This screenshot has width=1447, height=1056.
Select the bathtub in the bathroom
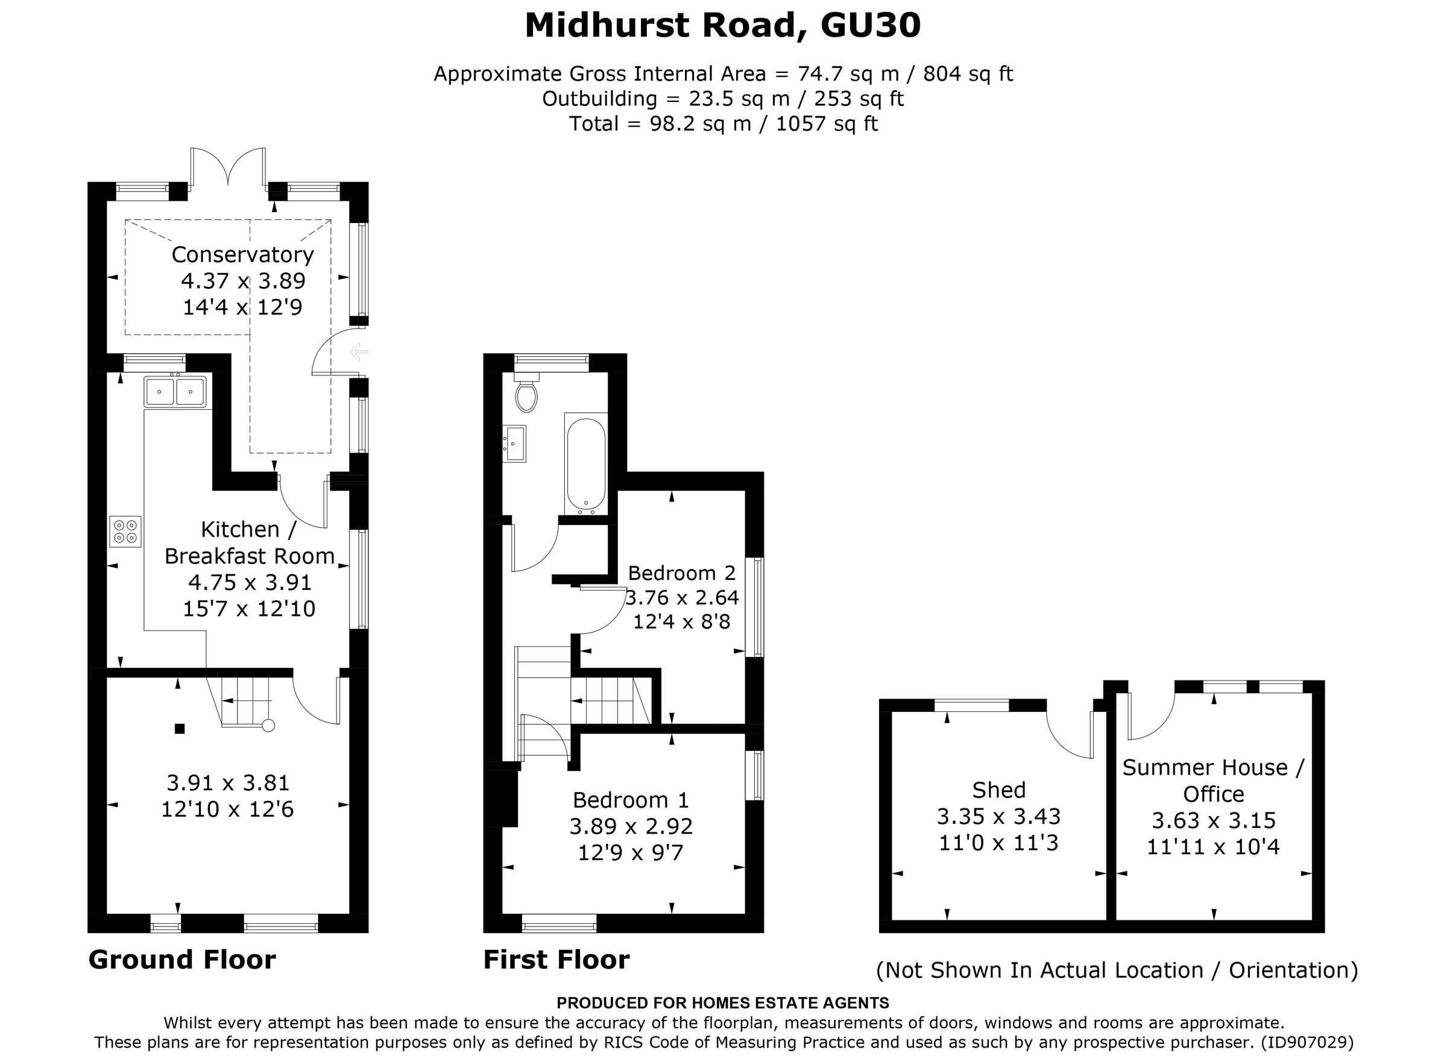pos(585,464)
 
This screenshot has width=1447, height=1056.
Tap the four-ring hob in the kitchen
pos(125,531)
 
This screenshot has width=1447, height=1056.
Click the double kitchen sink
pos(175,391)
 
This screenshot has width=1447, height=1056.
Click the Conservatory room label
pos(242,255)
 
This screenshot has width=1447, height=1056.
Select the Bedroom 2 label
pos(682,573)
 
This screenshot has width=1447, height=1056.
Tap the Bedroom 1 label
pos(631,800)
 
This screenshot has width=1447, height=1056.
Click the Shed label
pos(999,790)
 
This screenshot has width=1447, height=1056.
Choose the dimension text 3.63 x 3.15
pos(1214,820)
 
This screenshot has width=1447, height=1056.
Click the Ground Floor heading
pos(182,960)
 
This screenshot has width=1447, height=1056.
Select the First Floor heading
pos(556,960)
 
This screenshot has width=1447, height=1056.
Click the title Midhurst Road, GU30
pos(722,26)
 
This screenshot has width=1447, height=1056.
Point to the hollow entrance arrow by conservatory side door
pos(358,351)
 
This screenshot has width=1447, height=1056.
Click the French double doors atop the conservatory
pos(229,168)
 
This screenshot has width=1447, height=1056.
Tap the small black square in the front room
pos(180,728)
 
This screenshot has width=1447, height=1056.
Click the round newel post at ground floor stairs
pos(268,726)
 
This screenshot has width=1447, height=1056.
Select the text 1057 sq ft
pos(827,124)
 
